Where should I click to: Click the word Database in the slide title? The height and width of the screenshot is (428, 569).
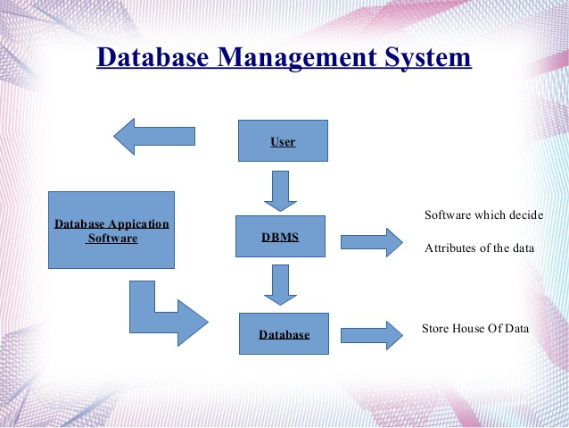pos(153,57)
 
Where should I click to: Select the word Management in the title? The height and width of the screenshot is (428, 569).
pos(297,58)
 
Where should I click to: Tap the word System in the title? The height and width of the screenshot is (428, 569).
pos(428,58)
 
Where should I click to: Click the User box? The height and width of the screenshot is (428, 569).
pos(283,140)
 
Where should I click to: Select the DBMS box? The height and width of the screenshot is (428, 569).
pos(280,237)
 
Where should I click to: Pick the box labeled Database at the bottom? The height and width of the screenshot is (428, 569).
pos(284,333)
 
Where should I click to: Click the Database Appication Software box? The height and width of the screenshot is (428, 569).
pos(111,231)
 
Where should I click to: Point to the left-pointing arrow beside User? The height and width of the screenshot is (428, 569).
pos(154,137)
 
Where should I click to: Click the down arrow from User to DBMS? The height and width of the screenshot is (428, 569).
pos(280,191)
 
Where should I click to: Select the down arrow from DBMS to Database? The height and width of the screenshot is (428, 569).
pos(280,285)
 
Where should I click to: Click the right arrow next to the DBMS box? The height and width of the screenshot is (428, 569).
pos(372,242)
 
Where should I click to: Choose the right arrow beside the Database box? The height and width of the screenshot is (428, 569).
pos(372,336)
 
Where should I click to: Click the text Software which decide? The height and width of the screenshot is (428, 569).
pos(483,215)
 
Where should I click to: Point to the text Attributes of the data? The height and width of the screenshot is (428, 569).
pos(479,248)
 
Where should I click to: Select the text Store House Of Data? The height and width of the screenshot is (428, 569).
pos(475,328)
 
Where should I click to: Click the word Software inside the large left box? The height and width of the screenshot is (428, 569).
pos(113,239)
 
